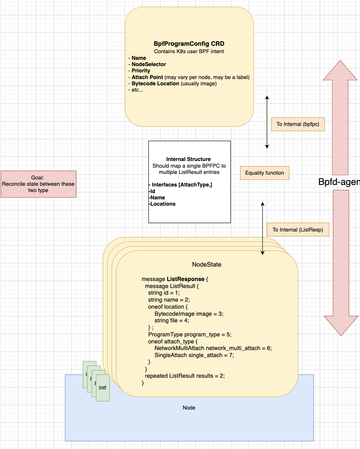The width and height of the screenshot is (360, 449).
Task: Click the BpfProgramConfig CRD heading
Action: pos(189,44)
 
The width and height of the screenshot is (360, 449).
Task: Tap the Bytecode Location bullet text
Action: pos(155,83)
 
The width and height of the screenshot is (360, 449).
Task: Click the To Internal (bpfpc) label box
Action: pos(298,124)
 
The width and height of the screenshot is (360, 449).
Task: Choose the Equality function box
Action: pos(264,173)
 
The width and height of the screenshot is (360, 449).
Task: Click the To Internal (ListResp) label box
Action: pos(298,230)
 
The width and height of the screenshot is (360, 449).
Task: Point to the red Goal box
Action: pos(38,184)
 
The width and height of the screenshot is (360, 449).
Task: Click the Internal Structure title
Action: pos(189,159)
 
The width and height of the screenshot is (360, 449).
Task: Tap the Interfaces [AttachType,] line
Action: pos(180,185)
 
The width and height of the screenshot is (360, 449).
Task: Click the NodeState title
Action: pos(207,265)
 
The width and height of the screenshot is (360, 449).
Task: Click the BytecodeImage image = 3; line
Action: pos(189,313)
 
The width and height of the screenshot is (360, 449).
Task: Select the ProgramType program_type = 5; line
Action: pos(189,335)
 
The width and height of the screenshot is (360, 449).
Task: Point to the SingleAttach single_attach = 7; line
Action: pos(194,355)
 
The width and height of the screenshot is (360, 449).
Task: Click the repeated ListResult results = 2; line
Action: pos(184,376)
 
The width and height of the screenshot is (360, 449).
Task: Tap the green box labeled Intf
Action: pos(103,388)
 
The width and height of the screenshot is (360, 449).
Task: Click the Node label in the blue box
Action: pos(189,408)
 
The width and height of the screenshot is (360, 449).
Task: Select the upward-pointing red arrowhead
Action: pos(340,71)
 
